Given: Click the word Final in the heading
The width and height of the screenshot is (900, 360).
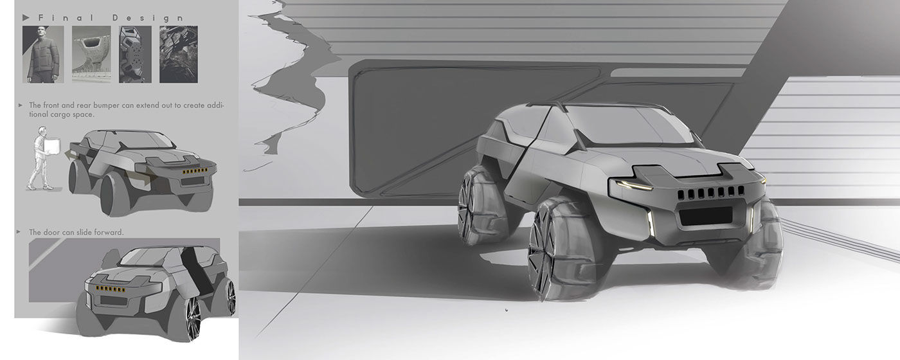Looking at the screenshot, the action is coord(66,18).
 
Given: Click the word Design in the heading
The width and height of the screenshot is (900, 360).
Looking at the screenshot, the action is coord(148,18).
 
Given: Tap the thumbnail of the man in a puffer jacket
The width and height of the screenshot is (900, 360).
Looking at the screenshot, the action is coord(43,54).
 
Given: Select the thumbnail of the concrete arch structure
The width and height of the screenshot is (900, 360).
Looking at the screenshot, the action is coord(91,54).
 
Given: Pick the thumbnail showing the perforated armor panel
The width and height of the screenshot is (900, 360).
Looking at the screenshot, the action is coord(135,54).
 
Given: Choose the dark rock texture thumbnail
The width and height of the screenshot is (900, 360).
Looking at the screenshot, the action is coord(179,54).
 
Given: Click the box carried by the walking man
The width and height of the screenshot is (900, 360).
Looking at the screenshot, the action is coord(52,146).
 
